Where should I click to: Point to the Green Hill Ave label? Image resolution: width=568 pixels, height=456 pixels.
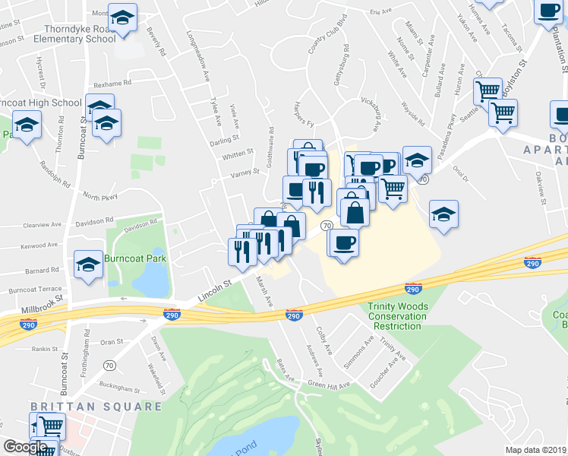(329, 385)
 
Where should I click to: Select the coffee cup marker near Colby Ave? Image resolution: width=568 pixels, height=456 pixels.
(343, 242)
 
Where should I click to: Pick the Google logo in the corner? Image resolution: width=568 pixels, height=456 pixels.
(25, 448)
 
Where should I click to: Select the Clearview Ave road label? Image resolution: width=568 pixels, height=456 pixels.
(41, 226)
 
